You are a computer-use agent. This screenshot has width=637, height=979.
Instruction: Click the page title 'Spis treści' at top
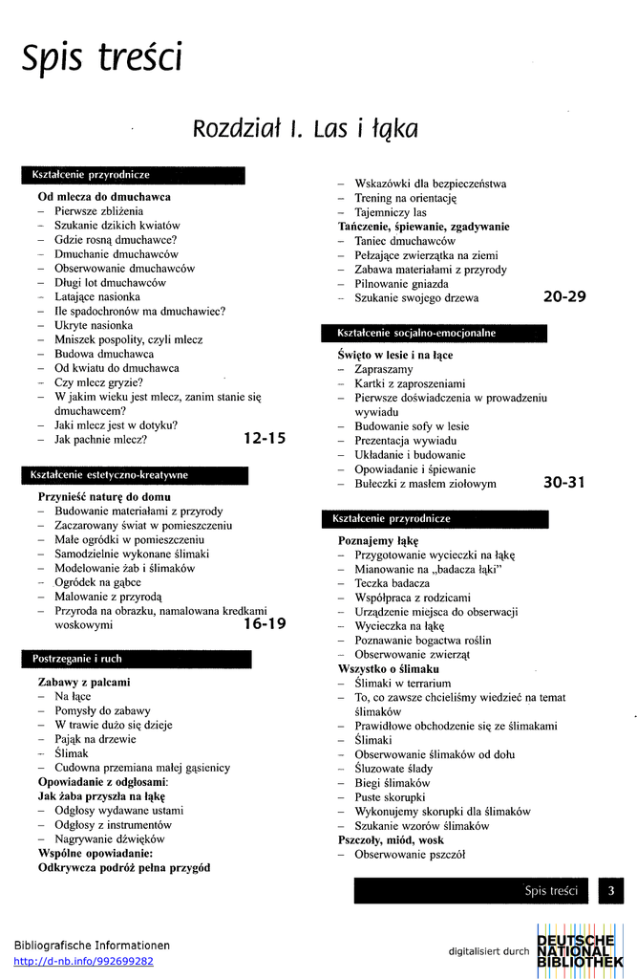point(102,59)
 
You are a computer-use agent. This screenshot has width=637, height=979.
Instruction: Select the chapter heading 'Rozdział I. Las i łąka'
point(305,129)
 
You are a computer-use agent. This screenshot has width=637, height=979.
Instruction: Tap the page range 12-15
point(265,439)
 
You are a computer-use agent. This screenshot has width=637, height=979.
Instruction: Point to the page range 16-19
point(265,624)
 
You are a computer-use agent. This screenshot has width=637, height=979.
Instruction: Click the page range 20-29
point(564,296)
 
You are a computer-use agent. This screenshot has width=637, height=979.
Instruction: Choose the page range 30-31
point(564,483)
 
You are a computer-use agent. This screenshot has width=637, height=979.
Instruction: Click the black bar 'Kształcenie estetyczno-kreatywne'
point(135,475)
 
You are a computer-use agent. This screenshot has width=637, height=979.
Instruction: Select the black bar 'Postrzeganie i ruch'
point(137,659)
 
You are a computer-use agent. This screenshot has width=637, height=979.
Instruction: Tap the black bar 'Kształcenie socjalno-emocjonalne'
point(435,334)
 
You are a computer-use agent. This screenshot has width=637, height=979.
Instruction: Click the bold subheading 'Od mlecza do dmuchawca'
point(104,197)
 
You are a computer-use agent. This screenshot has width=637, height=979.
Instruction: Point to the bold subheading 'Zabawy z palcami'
point(84,682)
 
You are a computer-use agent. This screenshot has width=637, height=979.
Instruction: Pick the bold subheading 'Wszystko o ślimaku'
point(389,669)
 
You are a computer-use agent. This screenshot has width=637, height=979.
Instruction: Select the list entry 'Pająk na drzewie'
point(96,739)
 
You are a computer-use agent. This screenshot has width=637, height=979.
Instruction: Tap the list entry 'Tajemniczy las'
point(391,212)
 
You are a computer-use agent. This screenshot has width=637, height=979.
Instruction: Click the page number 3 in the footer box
point(610,890)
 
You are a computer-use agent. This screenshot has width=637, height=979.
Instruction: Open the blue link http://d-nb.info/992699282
point(84,961)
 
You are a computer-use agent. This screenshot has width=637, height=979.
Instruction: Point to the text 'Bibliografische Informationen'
point(92,945)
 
